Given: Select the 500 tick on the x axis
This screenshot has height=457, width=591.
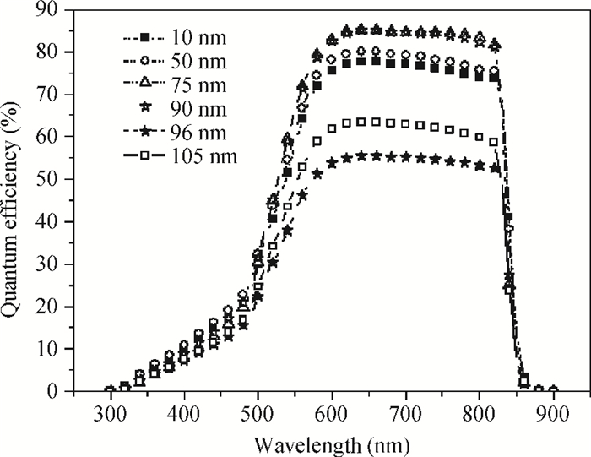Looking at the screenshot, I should [258, 413].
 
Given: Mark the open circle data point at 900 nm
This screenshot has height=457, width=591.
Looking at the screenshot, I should [553, 390].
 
